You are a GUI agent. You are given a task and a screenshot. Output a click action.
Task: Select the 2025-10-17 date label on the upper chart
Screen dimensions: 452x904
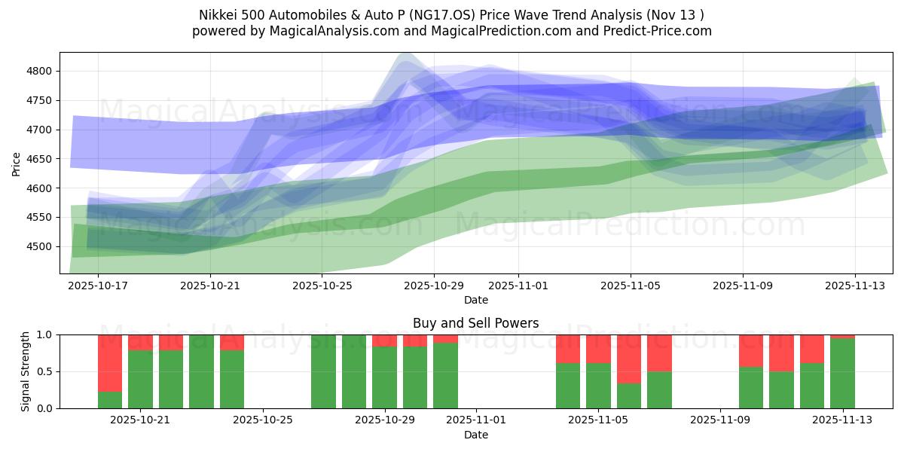coord(98,286)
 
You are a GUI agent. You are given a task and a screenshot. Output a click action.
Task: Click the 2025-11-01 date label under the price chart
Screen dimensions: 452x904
coord(518,286)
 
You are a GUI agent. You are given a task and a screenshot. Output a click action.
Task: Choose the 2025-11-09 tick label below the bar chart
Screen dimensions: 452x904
coord(720,420)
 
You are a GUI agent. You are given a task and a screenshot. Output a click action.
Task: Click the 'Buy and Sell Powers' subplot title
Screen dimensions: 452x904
coord(475,323)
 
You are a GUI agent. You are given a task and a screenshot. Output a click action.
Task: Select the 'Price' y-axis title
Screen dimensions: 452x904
coord(17,163)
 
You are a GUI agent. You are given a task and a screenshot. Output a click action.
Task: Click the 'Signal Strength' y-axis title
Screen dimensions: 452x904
coord(26,371)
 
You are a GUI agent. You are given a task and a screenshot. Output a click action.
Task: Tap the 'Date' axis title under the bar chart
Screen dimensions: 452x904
coord(475,435)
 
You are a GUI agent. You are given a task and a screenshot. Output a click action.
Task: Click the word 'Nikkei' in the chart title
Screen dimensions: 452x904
coord(217,15)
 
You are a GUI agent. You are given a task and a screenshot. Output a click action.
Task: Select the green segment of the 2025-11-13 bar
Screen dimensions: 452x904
coord(842,373)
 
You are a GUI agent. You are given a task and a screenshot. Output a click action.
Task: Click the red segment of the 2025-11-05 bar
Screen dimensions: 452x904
coord(598,349)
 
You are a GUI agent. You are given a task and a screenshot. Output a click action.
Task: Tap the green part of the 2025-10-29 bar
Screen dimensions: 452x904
coord(384,377)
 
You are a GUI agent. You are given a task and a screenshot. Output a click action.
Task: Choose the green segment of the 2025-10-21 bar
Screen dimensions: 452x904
coord(140,379)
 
